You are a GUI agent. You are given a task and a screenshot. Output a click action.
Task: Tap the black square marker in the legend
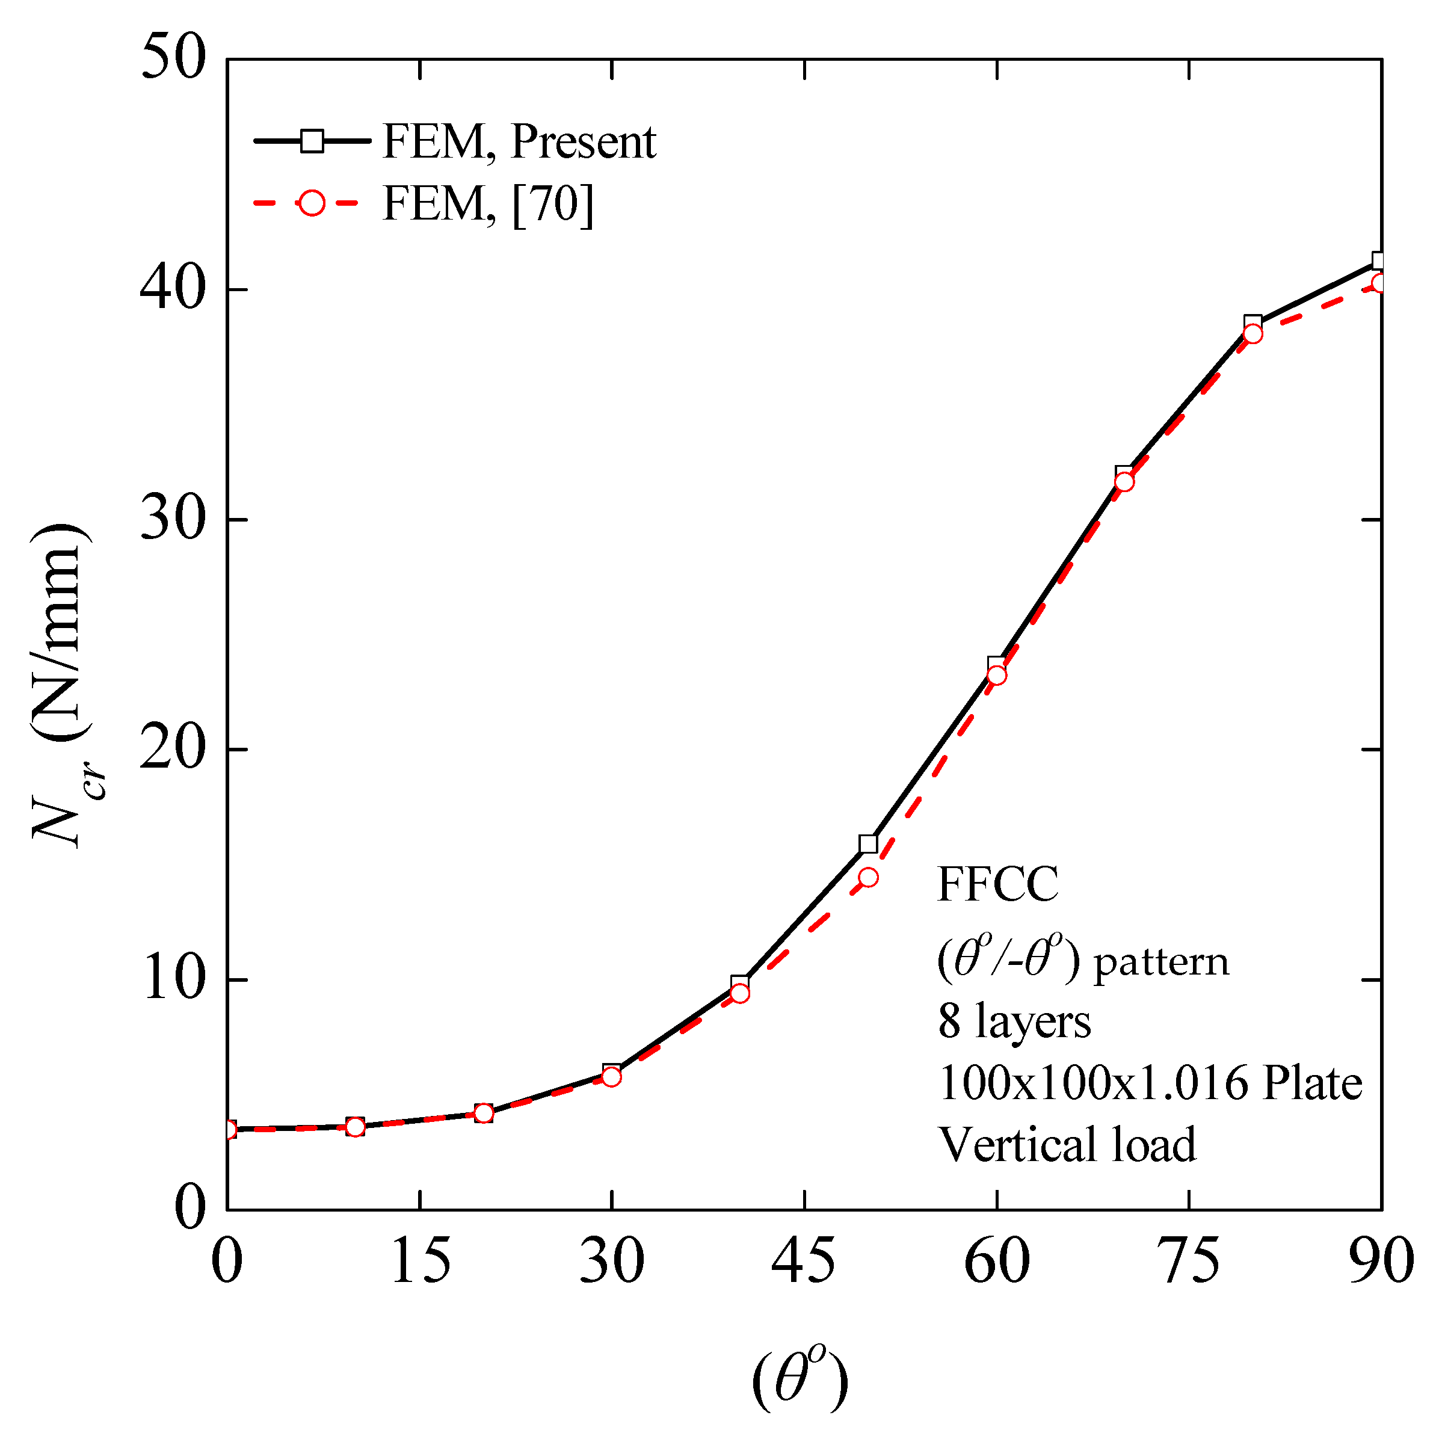tap(312, 141)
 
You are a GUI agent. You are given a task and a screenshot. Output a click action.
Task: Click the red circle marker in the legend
tap(312, 203)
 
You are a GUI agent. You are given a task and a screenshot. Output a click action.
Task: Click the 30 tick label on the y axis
tap(173, 520)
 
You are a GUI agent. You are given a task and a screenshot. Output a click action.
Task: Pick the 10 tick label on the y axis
tap(173, 980)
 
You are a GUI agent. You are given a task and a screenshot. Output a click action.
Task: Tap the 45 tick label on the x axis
tap(803, 1262)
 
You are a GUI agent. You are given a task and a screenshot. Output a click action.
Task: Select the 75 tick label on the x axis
tap(1188, 1262)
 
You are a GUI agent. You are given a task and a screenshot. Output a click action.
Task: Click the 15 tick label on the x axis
tap(421, 1262)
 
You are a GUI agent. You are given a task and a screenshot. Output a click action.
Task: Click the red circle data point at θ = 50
tap(868, 877)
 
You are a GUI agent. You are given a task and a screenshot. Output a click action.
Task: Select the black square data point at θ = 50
tap(868, 844)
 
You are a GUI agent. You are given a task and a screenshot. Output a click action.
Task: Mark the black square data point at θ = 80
tap(1253, 323)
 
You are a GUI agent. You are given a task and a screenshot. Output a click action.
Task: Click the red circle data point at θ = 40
tap(740, 993)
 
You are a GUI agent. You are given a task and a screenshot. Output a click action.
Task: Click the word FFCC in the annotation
tap(997, 885)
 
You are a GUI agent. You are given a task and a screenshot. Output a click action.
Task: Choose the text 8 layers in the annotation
tap(1014, 1021)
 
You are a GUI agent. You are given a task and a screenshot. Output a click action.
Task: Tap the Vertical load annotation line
tap(1067, 1144)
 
